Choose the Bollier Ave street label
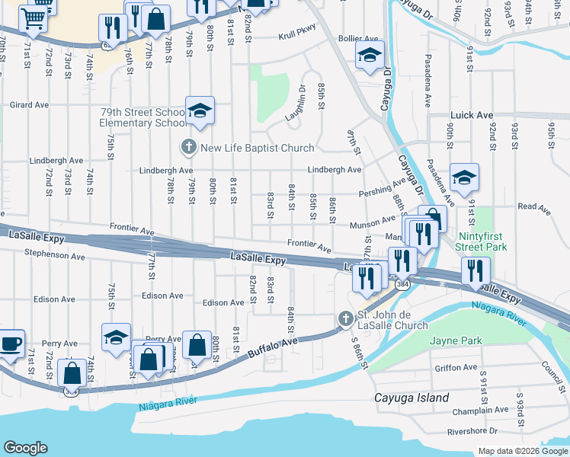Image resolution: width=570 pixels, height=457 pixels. [x=358, y=38]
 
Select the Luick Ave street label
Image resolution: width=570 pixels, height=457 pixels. [x=472, y=115]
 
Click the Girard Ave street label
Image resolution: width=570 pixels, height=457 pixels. [x=28, y=105]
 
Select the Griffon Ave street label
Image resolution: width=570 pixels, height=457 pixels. [x=455, y=367]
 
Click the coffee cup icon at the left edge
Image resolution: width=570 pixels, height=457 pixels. [x=10, y=343]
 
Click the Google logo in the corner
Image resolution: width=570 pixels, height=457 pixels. [x=26, y=448]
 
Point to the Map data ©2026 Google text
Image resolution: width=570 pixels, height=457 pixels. [x=522, y=451]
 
